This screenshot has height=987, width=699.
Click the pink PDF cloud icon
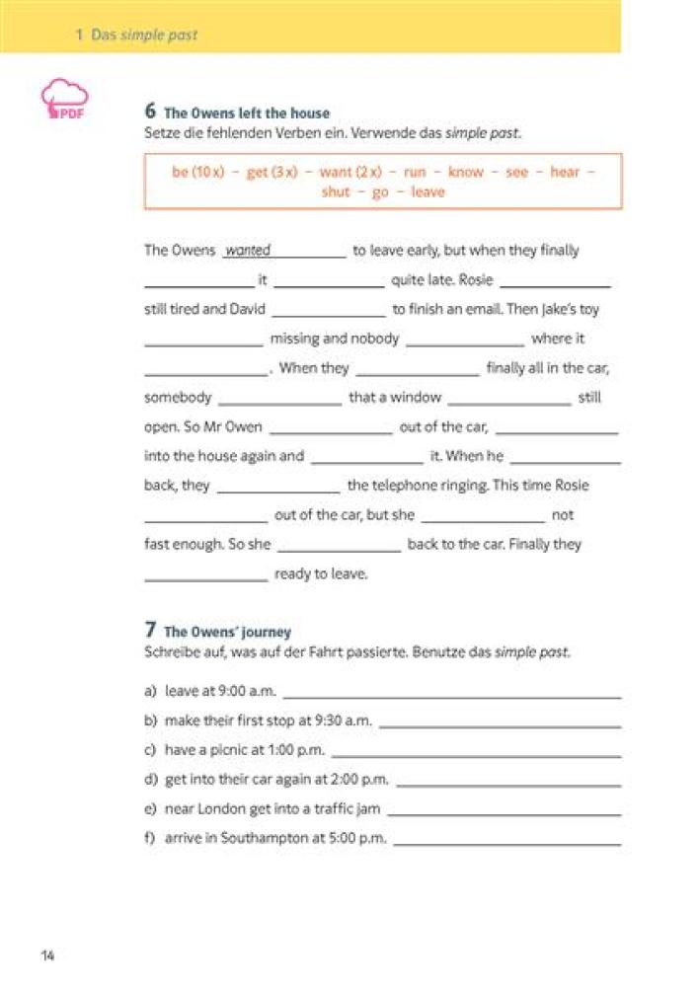64,99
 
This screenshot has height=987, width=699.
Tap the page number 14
47,955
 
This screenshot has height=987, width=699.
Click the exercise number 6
150,112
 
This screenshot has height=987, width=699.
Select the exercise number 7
150,630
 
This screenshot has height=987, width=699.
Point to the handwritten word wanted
248,251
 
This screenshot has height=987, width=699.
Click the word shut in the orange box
336,191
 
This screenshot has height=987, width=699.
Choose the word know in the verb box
466,172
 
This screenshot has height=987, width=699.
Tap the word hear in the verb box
565,172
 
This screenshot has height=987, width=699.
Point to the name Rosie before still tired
476,280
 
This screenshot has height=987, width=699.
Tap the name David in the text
248,309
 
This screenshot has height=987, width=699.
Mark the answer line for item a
452,693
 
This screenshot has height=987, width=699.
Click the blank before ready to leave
205,575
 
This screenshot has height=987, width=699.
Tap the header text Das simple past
144,35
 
